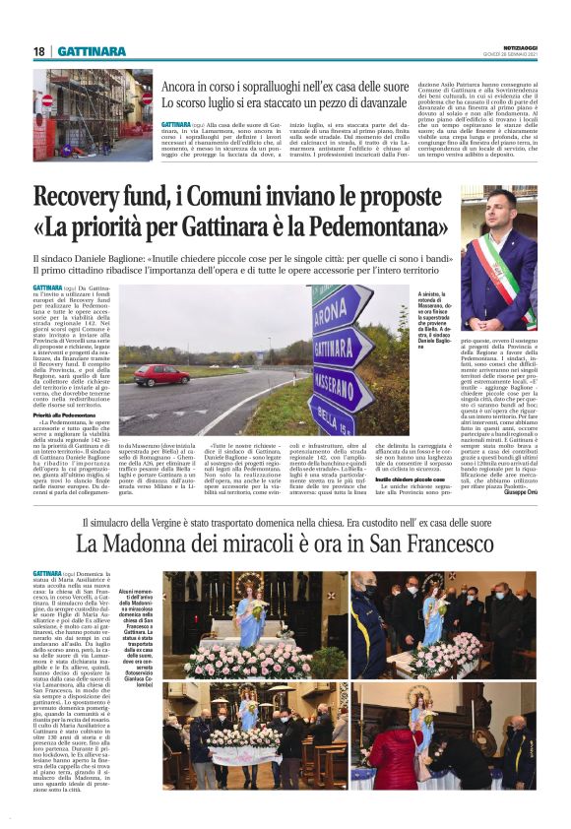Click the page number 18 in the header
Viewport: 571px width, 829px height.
coord(39,51)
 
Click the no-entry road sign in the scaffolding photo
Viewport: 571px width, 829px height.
coord(47,100)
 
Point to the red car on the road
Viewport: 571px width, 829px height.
coord(162,374)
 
